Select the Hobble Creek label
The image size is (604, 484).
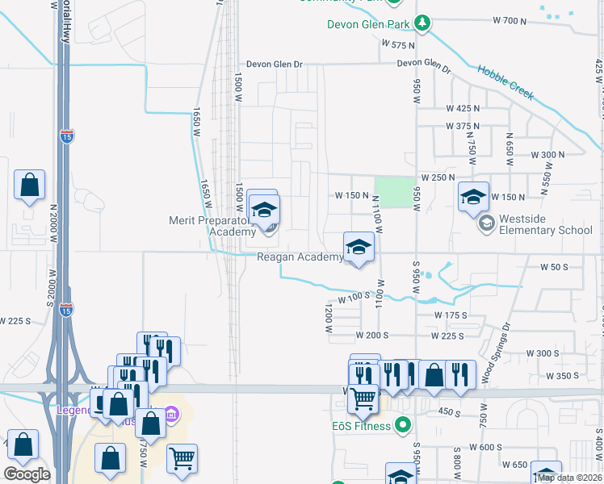(505, 81)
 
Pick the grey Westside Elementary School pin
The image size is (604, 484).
(485, 222)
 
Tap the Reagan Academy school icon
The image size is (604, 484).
(359, 247)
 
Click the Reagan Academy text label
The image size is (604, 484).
(300, 257)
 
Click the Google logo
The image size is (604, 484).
(27, 474)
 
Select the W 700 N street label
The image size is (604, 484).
(509, 20)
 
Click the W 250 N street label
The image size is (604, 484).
(438, 177)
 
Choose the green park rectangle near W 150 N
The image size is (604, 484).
(393, 192)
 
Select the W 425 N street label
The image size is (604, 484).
(463, 107)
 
